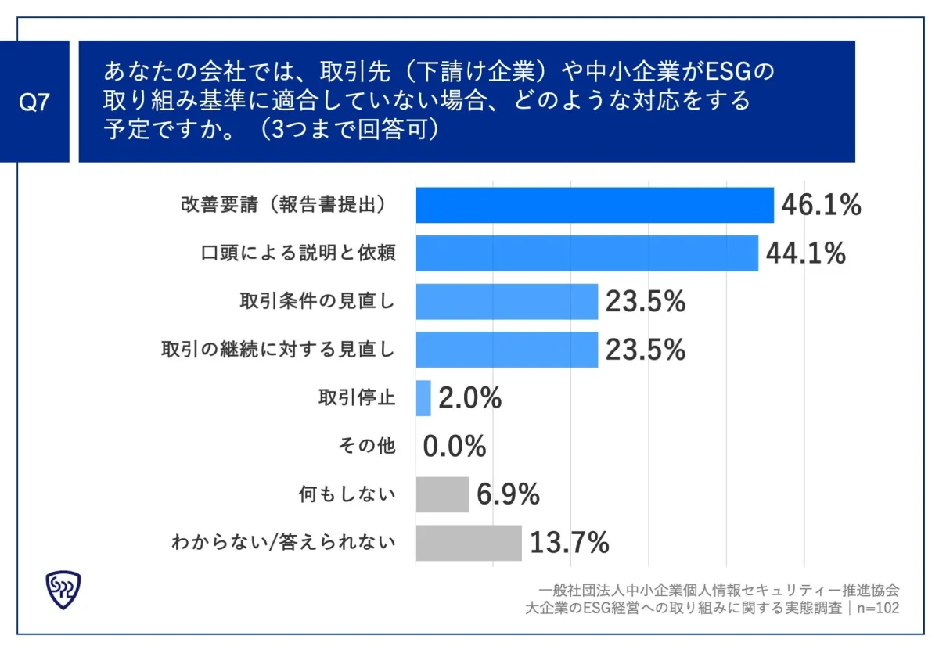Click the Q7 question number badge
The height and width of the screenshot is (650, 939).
(34, 102)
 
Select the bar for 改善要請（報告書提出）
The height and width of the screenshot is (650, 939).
(594, 206)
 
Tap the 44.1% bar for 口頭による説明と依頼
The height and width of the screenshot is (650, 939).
(586, 253)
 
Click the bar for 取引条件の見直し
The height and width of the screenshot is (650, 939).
(506, 301)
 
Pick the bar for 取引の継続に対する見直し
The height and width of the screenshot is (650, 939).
(506, 350)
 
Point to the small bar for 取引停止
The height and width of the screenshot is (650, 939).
(423, 398)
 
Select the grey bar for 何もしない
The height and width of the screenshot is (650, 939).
(441, 494)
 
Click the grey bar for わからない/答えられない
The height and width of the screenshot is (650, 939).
(468, 542)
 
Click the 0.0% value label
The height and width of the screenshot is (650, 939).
(455, 447)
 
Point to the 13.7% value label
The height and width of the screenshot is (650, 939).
(570, 542)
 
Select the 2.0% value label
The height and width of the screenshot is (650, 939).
(469, 398)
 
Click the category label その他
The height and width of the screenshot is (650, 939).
(367, 447)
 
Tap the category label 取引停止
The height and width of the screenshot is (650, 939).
(356, 398)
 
